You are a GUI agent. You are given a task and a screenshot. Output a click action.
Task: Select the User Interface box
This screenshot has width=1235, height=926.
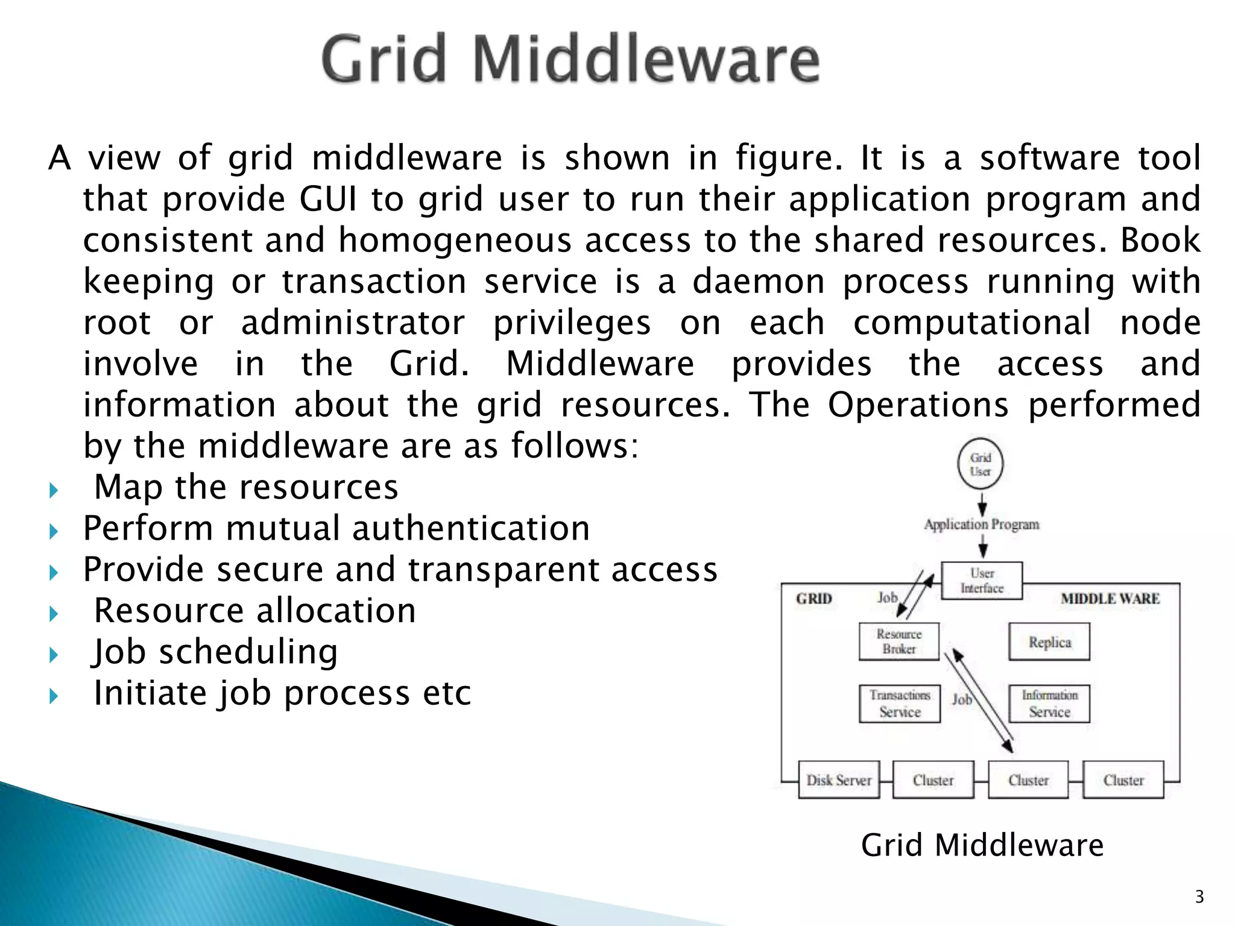pos(982,581)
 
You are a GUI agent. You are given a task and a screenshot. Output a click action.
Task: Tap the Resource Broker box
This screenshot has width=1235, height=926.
pos(899,641)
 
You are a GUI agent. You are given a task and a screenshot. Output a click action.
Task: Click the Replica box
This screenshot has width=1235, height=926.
pos(1049,642)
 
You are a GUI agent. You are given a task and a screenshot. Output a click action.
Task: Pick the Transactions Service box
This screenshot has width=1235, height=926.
pos(900,704)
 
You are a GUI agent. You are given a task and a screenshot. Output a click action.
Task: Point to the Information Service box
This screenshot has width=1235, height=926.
pos(1049,704)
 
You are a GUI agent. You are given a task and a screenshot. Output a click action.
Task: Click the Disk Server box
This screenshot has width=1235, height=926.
pos(839,780)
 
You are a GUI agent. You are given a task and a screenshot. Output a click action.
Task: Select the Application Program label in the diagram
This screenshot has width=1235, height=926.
pos(982,524)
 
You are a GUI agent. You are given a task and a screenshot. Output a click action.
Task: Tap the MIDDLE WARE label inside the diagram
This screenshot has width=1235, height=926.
pos(1110,599)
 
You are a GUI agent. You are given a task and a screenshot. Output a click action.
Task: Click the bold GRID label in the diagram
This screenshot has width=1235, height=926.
pos(814,599)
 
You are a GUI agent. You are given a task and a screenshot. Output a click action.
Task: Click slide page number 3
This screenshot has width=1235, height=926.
pos(1199,897)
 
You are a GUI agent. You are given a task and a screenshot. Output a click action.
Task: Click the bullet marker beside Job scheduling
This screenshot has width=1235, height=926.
pos(54,655)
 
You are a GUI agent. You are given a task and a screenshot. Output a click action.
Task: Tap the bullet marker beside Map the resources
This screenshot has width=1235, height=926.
pos(54,490)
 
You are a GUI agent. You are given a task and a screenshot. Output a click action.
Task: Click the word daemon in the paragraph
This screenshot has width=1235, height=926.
pos(758,282)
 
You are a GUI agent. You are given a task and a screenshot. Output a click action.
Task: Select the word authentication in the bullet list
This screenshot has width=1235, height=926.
pos(471,529)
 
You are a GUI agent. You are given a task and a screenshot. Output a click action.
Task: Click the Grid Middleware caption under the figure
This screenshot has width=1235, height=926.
pos(982,845)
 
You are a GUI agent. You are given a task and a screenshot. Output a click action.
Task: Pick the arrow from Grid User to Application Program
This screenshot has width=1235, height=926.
pos(982,503)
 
